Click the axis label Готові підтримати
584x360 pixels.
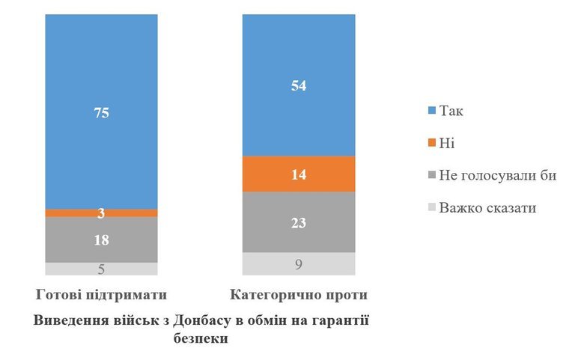100,293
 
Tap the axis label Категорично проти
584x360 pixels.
299,293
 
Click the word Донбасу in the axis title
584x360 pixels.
203,320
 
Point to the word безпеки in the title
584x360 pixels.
202,338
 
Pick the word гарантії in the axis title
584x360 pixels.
344,320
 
